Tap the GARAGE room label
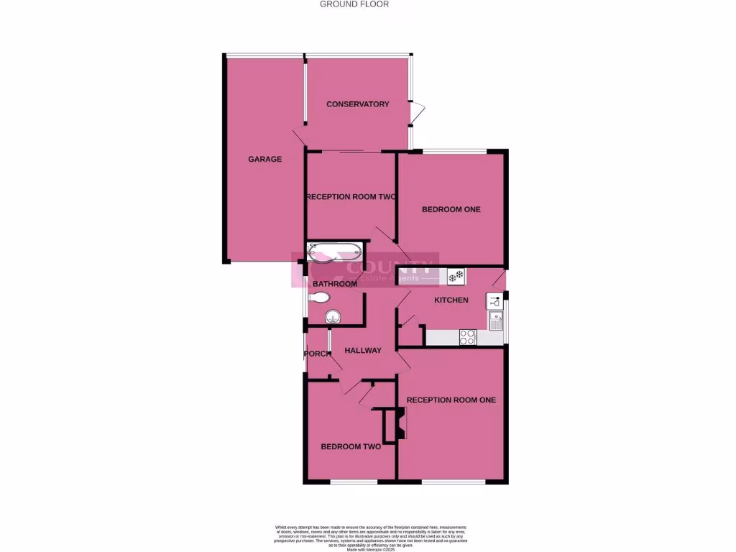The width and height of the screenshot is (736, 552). coord(265,160)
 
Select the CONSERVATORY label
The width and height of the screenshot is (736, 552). coord(358,104)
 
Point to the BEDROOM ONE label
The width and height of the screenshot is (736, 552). coord(451,210)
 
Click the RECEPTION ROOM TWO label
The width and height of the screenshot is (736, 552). coord(351,197)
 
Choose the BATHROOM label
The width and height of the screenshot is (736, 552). coord(333,284)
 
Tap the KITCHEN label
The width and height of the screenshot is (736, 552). coord(451,300)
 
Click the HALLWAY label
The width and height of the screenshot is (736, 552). coord(363,351)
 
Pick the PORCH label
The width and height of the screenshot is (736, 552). coord(317,354)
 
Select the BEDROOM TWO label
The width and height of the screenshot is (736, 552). coord(351,446)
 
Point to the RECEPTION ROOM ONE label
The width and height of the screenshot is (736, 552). coord(451,400)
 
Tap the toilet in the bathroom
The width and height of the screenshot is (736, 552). coord(318,298)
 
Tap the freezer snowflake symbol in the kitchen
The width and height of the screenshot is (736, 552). coord(456,275)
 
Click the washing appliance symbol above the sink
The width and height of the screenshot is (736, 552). coord(494,301)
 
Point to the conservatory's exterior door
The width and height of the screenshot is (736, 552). coord(418,112)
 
